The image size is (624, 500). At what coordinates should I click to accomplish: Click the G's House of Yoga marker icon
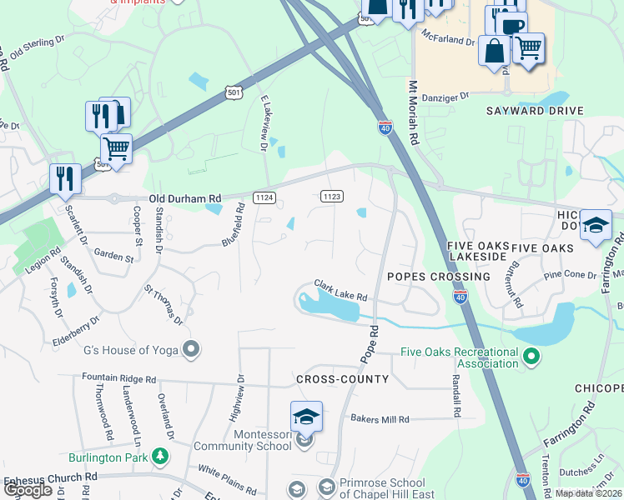pyautogui.click(x=192, y=349)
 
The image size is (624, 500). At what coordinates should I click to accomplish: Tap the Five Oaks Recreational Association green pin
pyautogui.click(x=530, y=358)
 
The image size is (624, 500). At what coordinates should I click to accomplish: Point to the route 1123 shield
pyautogui.click(x=331, y=196)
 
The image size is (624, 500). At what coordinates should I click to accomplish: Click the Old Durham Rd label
pyautogui.click(x=185, y=198)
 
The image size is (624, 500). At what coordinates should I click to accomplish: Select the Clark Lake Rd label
pyautogui.click(x=340, y=291)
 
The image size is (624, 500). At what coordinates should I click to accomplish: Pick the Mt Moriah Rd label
pyautogui.click(x=413, y=113)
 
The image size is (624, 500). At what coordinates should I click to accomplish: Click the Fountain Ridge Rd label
pyautogui.click(x=118, y=377)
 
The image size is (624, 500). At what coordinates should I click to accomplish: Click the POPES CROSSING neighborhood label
pyautogui.click(x=439, y=276)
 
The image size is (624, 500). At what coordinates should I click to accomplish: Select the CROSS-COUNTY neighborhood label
pyautogui.click(x=342, y=379)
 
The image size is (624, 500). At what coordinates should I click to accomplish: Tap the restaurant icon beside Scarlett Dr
pyautogui.click(x=64, y=178)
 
